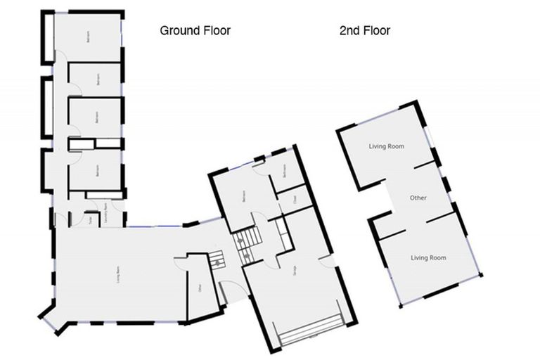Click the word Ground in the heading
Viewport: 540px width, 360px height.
179,30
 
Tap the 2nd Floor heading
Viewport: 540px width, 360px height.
364,30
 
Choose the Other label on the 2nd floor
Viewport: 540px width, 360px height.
418,198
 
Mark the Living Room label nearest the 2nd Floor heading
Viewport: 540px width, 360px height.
387,146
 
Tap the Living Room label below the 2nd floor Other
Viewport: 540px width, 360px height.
428,258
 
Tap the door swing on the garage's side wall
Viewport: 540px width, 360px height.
326,263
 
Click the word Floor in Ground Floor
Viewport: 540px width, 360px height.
215,30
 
